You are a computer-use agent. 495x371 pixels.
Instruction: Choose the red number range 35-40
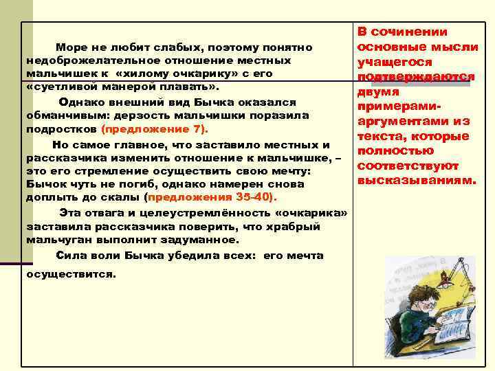coord(252,196)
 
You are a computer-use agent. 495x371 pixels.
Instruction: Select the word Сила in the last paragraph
coord(70,255)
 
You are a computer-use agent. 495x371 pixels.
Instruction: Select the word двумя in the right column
coord(377,92)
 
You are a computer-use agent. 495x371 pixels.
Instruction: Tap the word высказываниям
coord(416,181)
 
